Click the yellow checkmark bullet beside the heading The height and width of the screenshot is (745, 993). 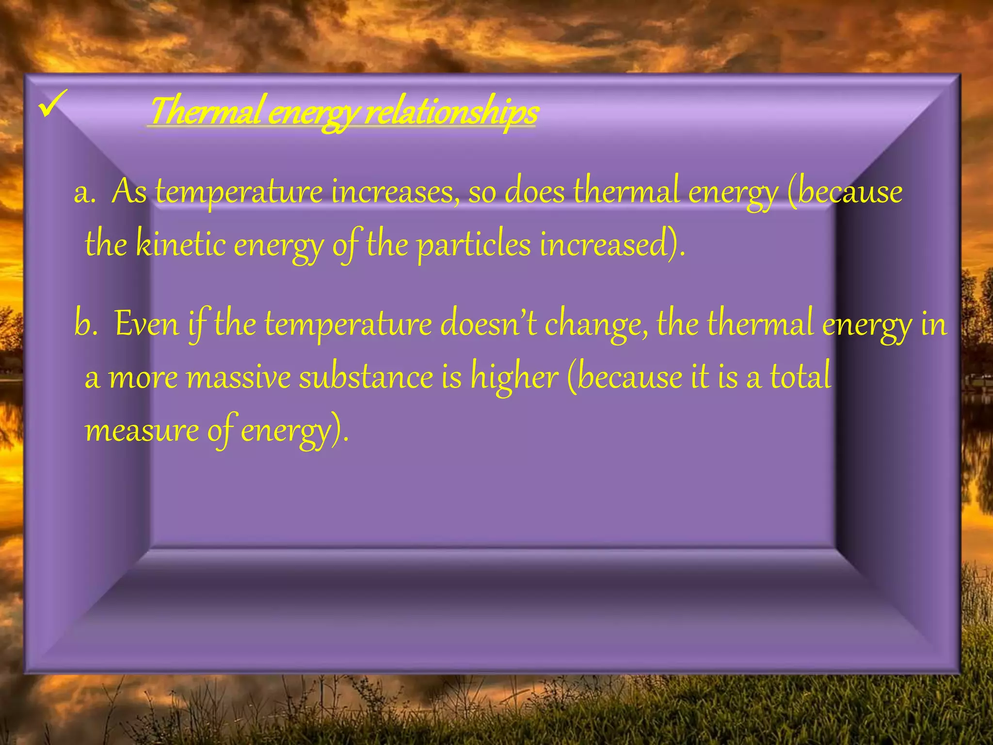pyautogui.click(x=53, y=103)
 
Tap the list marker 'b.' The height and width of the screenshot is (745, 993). pyautogui.click(x=86, y=324)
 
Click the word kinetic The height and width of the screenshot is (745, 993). pyautogui.click(x=180, y=244)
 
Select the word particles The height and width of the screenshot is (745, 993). pyautogui.click(x=474, y=245)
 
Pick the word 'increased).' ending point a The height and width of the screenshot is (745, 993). pyautogui.click(x=612, y=244)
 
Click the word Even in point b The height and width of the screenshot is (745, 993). pyautogui.click(x=147, y=324)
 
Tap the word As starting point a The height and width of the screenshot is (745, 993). pyautogui.click(x=129, y=192)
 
